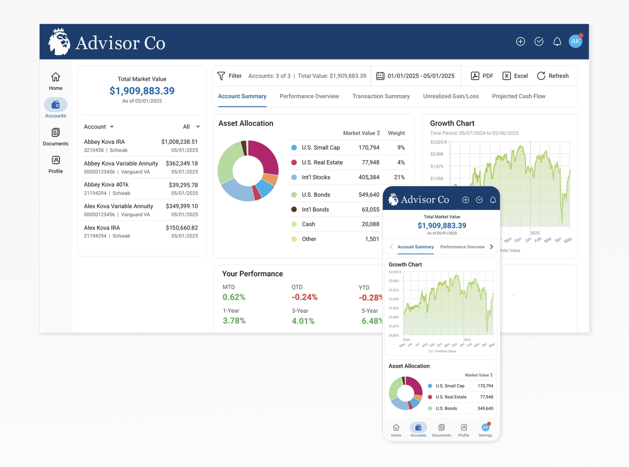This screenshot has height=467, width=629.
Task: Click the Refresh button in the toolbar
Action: (553, 76)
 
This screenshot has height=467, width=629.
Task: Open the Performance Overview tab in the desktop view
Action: (309, 96)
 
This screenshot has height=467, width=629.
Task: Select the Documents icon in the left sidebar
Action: (56, 132)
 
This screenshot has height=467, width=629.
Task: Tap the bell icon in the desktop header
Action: (557, 41)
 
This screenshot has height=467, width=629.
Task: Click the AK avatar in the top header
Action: (575, 41)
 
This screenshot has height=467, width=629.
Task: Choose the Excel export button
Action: (515, 76)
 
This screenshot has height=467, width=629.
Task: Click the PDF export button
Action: (482, 76)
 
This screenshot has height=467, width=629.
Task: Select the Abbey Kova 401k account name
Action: (106, 185)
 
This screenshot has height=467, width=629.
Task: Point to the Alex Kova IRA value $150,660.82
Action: (182, 228)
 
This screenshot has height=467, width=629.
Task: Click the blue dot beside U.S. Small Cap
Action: (294, 148)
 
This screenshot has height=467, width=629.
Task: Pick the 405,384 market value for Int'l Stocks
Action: (369, 177)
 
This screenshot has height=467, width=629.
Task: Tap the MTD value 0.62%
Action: (234, 297)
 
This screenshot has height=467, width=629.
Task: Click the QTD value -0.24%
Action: (304, 297)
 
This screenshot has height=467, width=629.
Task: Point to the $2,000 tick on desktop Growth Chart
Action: (437, 154)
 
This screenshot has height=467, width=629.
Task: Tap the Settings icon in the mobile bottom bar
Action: (485, 427)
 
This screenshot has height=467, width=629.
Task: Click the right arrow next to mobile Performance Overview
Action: (491, 247)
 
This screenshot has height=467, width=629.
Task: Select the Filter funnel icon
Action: (221, 76)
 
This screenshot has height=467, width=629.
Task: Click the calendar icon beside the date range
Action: (380, 76)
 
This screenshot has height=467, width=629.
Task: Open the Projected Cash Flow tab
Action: (519, 96)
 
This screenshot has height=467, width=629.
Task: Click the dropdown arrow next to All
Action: (198, 127)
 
